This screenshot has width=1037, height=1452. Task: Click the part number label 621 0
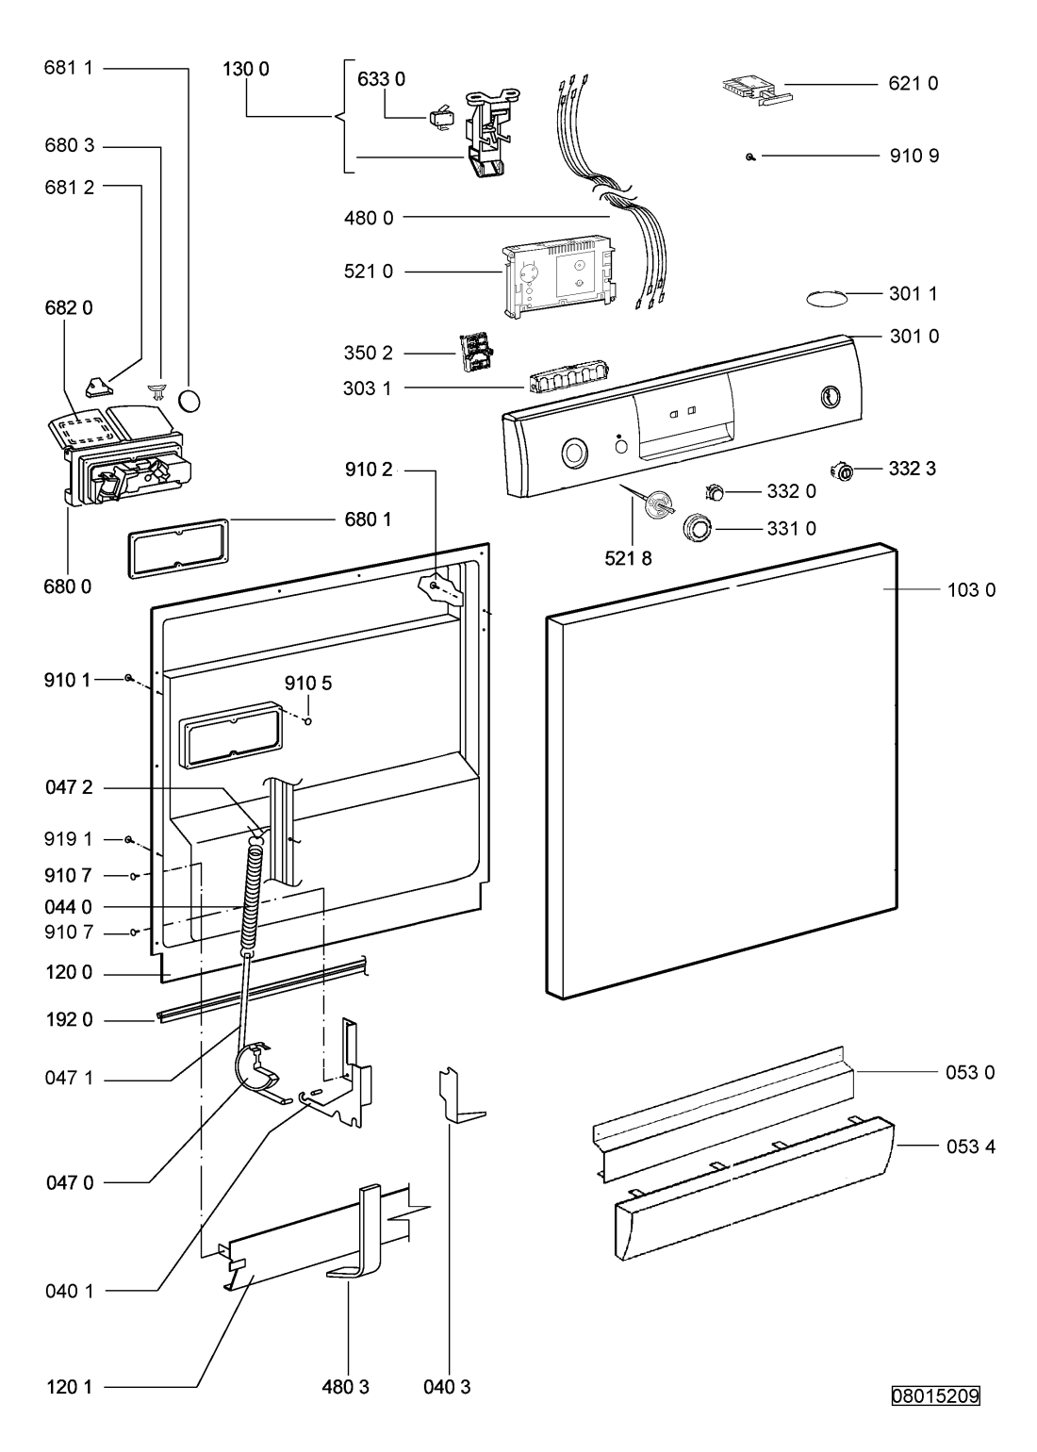coord(913,84)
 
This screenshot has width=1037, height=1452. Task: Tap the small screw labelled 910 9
coord(749,157)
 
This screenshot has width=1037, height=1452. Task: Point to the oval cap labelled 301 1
coord(825,298)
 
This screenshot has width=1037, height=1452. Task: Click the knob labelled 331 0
coord(700,527)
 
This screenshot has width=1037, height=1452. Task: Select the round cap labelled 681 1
coord(189,401)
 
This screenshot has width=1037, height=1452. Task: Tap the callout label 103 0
coord(971,590)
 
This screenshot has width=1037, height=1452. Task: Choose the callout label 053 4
coord(971,1147)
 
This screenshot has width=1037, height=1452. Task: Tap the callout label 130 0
coord(246,69)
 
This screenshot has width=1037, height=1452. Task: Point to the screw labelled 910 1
coord(128,678)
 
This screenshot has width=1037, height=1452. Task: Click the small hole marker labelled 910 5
coord(308,722)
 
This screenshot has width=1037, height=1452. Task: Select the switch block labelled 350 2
coord(474,354)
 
